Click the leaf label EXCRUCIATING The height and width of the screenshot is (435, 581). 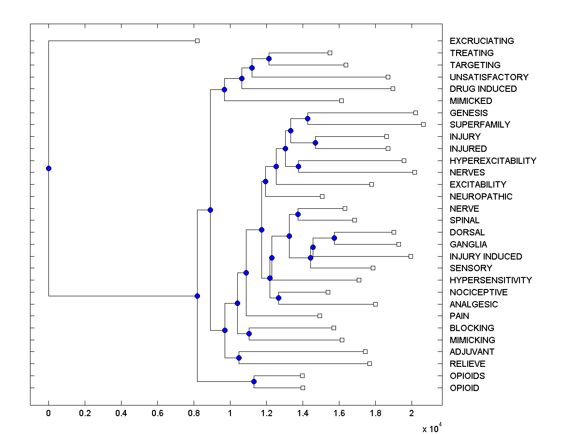pyautogui.click(x=481, y=41)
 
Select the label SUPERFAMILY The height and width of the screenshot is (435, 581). pyautogui.click(x=479, y=125)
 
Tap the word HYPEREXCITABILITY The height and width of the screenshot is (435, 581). pyautogui.click(x=492, y=160)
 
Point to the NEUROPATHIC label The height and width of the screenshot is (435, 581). pyautogui.click(x=480, y=196)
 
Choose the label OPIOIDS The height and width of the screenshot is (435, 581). pyautogui.click(x=467, y=376)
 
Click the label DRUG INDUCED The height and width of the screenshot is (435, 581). pyautogui.click(x=483, y=89)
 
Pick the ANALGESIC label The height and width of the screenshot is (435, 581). pyautogui.click(x=473, y=304)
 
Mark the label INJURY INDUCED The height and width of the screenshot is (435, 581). pyautogui.click(x=485, y=256)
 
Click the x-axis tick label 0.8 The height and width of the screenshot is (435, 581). pyautogui.click(x=194, y=413)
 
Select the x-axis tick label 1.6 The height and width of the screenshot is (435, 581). pyautogui.click(x=339, y=413)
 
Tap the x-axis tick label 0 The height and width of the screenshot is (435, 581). pyautogui.click(x=48, y=413)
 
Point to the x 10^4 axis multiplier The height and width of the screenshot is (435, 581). pyautogui.click(x=431, y=428)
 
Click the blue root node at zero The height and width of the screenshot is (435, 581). pyautogui.click(x=48, y=168)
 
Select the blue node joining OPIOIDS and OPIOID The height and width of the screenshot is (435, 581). pyautogui.click(x=254, y=382)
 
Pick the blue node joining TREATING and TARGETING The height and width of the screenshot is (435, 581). pyautogui.click(x=269, y=59)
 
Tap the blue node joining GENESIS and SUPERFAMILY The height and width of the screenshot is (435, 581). pyautogui.click(x=307, y=118)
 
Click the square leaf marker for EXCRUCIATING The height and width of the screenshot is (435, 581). pyautogui.click(x=197, y=41)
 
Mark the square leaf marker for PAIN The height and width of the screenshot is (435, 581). pyautogui.click(x=320, y=316)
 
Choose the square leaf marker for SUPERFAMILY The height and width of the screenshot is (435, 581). pyautogui.click(x=423, y=124)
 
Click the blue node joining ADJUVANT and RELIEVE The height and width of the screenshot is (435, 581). pyautogui.click(x=239, y=358)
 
